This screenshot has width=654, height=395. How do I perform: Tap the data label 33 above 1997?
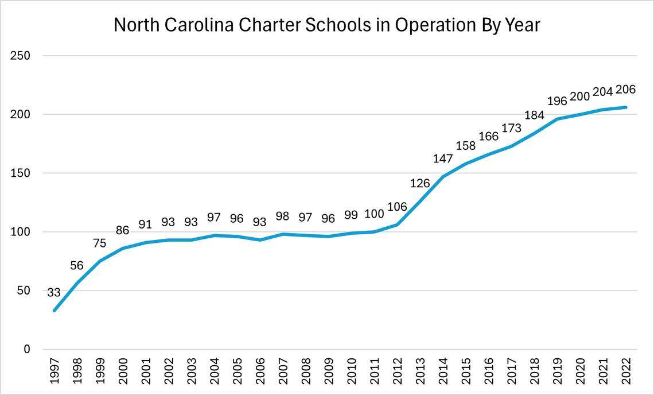[x=54, y=293]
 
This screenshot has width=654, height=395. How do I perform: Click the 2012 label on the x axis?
[x=396, y=372]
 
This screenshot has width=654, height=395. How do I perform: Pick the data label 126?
[x=419, y=184]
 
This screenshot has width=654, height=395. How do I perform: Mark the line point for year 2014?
[x=442, y=176]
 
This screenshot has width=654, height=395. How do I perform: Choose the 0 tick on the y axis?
[x=26, y=349]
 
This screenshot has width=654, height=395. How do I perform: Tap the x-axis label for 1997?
[x=54, y=372]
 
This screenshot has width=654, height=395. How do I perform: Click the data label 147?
[x=442, y=159]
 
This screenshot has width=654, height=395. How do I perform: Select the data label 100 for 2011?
[x=373, y=214]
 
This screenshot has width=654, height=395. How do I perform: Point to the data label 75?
[x=100, y=243]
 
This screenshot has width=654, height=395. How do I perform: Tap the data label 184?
[x=534, y=115]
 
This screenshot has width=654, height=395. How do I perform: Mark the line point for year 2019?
[x=557, y=119]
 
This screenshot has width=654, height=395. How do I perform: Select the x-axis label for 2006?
[x=260, y=372]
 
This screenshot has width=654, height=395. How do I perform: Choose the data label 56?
[x=77, y=266]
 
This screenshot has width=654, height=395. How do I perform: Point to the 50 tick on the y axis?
[x=24, y=291]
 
